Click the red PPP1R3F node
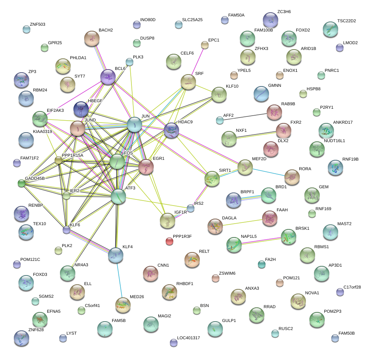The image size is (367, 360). point(169,241)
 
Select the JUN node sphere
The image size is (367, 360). point(135,124)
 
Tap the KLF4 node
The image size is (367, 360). point(116,255)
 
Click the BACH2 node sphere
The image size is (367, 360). point(91,38)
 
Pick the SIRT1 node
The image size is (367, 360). point(212,178)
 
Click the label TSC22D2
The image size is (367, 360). point(346,21)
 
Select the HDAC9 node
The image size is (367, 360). point(171,131)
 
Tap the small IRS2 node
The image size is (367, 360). point(190,208)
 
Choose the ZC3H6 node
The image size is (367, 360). point(271,20)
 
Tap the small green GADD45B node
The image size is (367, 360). point(22,184)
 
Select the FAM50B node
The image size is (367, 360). point(335,338)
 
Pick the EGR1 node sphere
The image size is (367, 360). point(146,167)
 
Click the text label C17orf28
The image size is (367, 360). point(352,287)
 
